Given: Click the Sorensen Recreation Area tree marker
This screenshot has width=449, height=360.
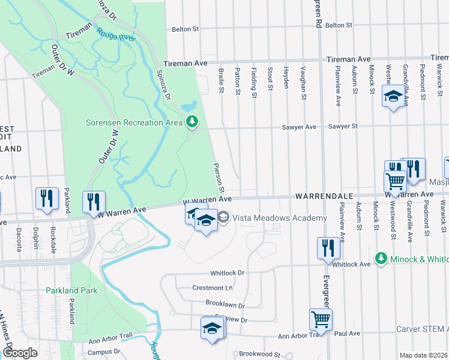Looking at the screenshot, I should (192, 122).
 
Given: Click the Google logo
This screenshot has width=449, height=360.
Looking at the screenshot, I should (20, 353).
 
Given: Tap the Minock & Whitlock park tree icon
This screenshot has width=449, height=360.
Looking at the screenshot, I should (380, 258).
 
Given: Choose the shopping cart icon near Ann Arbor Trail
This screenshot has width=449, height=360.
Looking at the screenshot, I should (321, 319).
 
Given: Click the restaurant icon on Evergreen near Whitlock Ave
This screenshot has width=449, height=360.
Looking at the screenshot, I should (328, 247).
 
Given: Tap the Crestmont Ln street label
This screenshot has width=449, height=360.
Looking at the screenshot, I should (212, 288).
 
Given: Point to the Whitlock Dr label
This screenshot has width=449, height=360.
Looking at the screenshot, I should (229, 272).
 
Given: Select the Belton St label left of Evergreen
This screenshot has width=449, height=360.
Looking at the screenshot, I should (185, 29).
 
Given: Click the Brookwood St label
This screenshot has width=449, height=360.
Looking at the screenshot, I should (261, 355).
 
